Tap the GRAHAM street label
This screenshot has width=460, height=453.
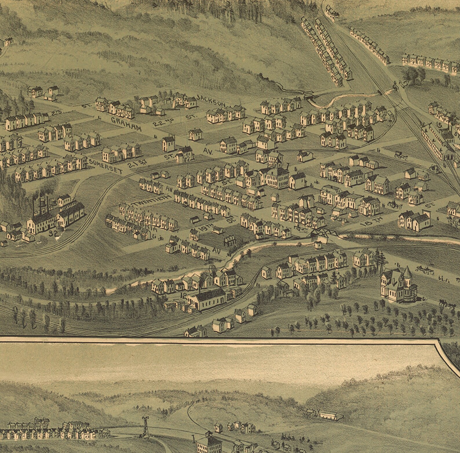tap(126, 124)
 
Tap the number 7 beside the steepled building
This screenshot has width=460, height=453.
tap(288, 166)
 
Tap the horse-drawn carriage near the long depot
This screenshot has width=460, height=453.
tap(400, 155)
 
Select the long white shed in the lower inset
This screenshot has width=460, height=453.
tap(331, 415)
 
